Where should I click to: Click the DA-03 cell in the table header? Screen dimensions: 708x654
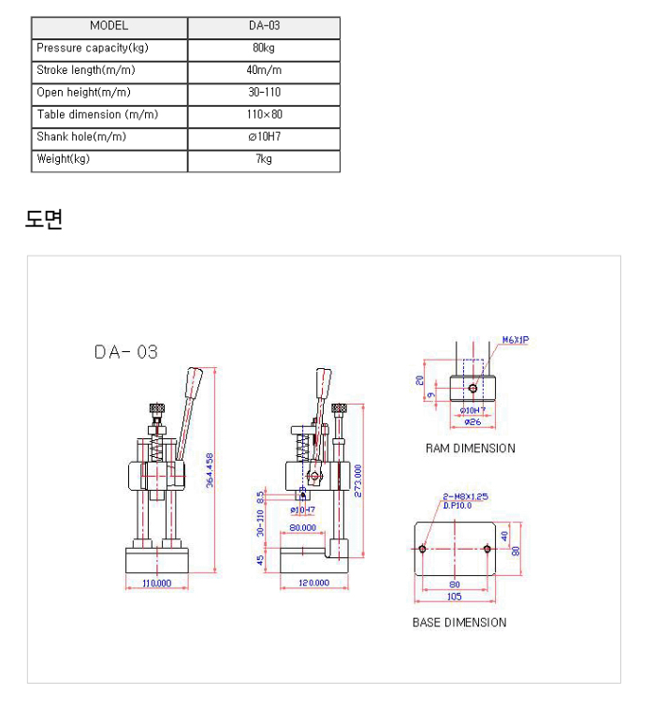point(264,26)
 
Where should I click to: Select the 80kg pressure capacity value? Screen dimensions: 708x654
point(264,48)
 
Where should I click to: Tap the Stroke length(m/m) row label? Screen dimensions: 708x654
point(80,70)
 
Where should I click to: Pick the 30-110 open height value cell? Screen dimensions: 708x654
point(264,92)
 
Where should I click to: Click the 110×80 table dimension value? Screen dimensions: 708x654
point(264,114)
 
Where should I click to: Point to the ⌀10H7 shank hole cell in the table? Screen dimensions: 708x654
point(264,137)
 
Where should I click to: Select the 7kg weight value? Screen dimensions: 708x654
point(264,159)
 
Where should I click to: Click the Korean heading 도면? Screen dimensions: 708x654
point(43,220)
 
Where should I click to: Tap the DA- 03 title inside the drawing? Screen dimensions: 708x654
point(126,352)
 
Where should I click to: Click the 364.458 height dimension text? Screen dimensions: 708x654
point(210,471)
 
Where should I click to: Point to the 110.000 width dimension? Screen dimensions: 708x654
point(156,583)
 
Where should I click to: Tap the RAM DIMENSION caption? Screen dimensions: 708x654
point(470,449)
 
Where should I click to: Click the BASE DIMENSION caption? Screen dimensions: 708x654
point(459,623)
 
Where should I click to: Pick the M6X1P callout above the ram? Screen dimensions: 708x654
point(516,341)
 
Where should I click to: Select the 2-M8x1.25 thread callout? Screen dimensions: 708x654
point(466,496)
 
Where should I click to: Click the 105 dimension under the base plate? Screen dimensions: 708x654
point(455,597)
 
